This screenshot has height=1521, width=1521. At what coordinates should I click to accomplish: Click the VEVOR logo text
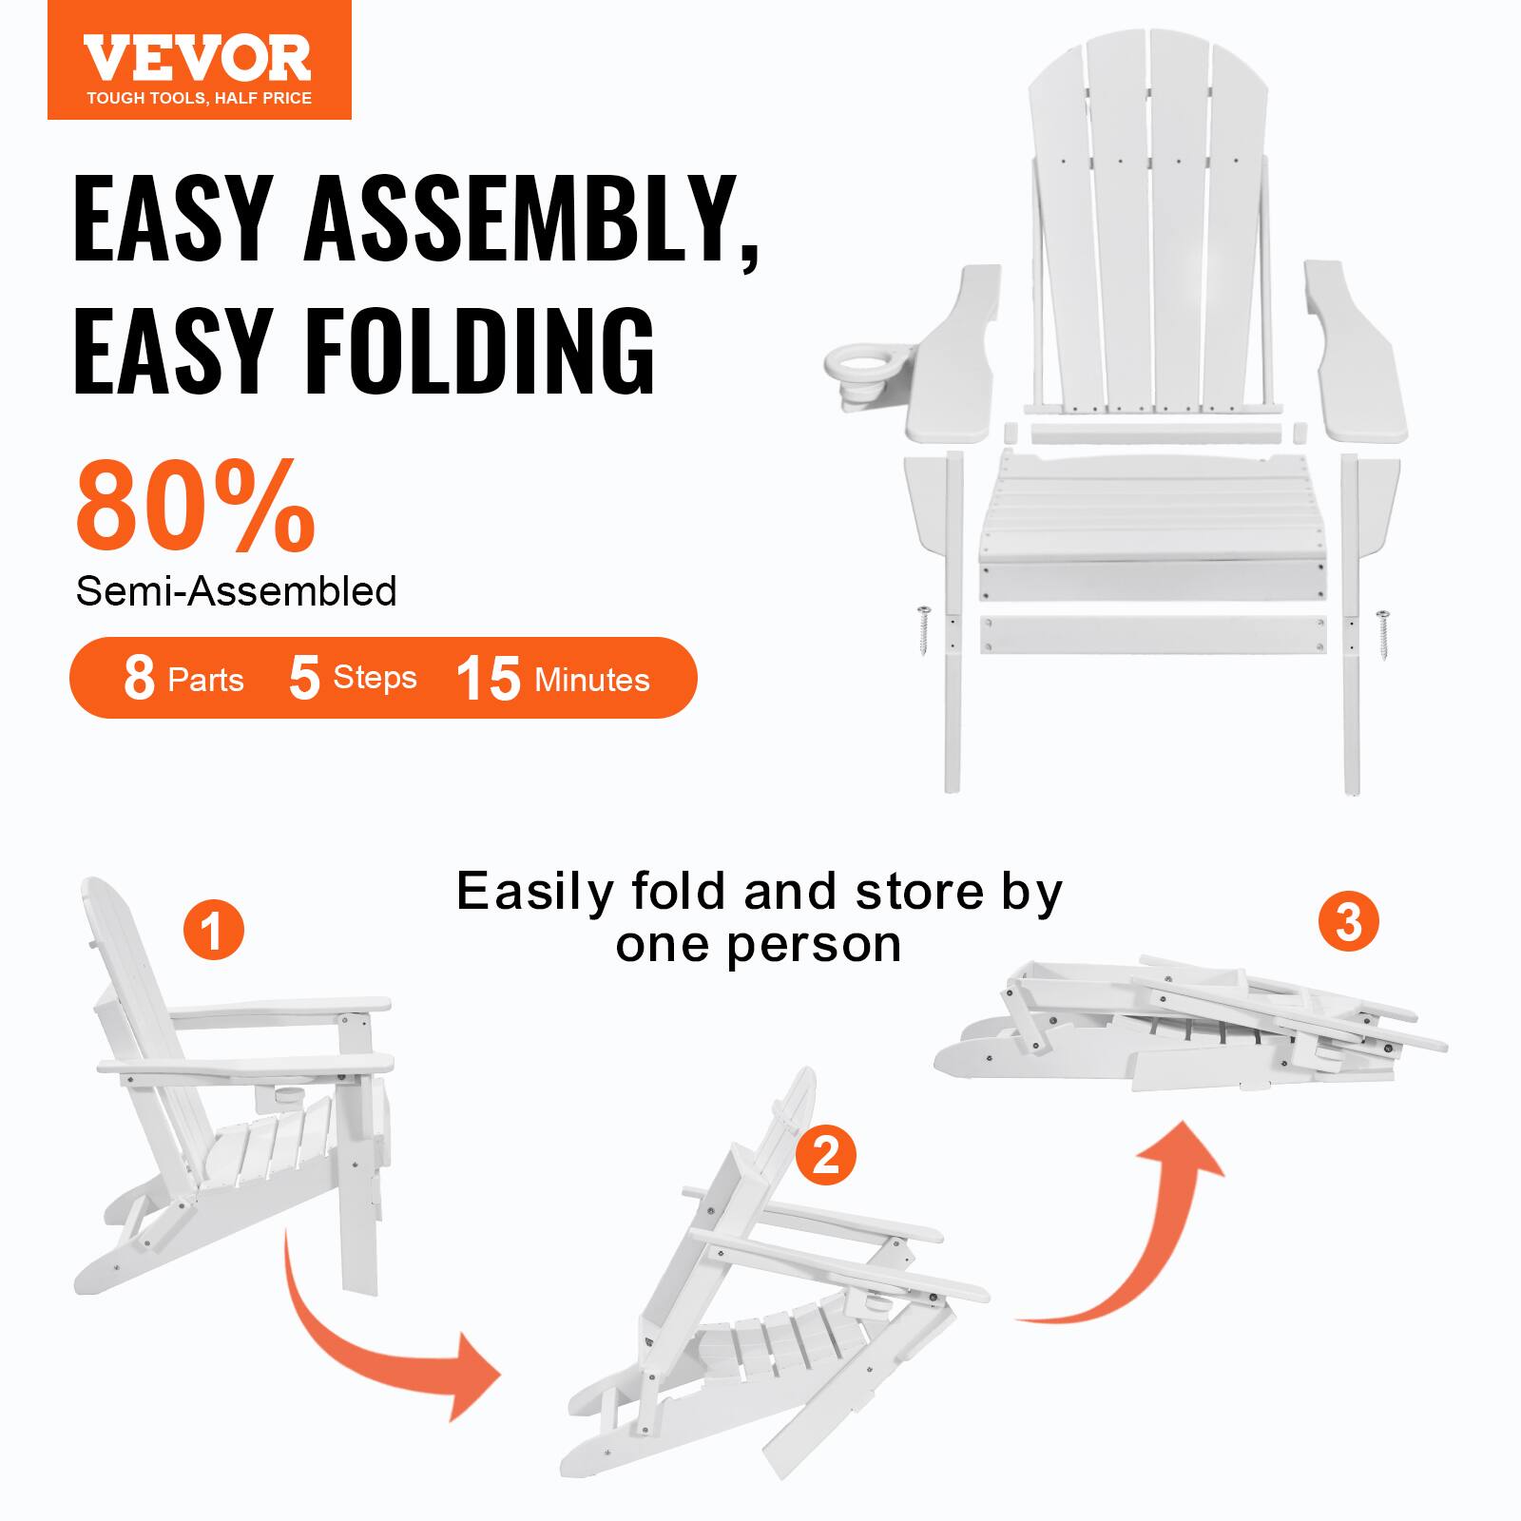(x=198, y=58)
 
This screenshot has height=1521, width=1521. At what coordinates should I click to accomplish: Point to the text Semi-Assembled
(x=236, y=591)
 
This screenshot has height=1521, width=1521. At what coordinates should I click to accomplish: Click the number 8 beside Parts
(x=139, y=679)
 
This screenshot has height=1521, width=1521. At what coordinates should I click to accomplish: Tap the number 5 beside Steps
(x=304, y=679)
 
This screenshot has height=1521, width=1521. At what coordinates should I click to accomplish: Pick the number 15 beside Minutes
(x=489, y=679)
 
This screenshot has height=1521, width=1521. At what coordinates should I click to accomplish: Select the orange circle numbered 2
(x=826, y=1155)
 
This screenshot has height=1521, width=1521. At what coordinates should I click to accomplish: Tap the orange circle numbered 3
(x=1348, y=921)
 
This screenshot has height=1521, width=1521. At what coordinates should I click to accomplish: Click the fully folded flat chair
(x=1188, y=1031)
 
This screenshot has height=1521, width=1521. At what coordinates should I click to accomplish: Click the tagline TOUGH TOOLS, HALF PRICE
(x=199, y=98)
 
